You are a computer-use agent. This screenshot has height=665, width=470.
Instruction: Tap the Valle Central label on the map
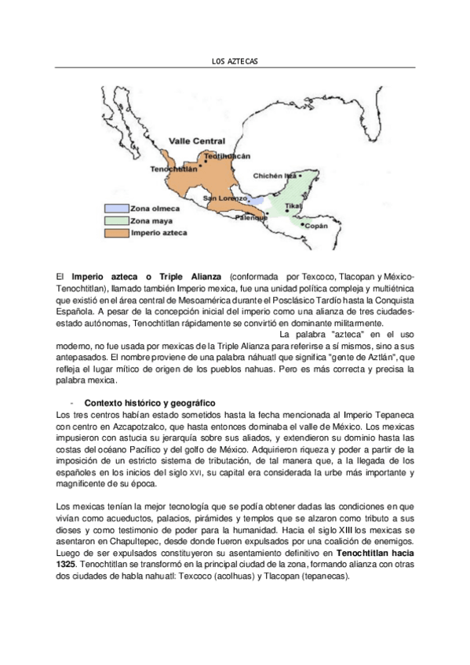(198, 141)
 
